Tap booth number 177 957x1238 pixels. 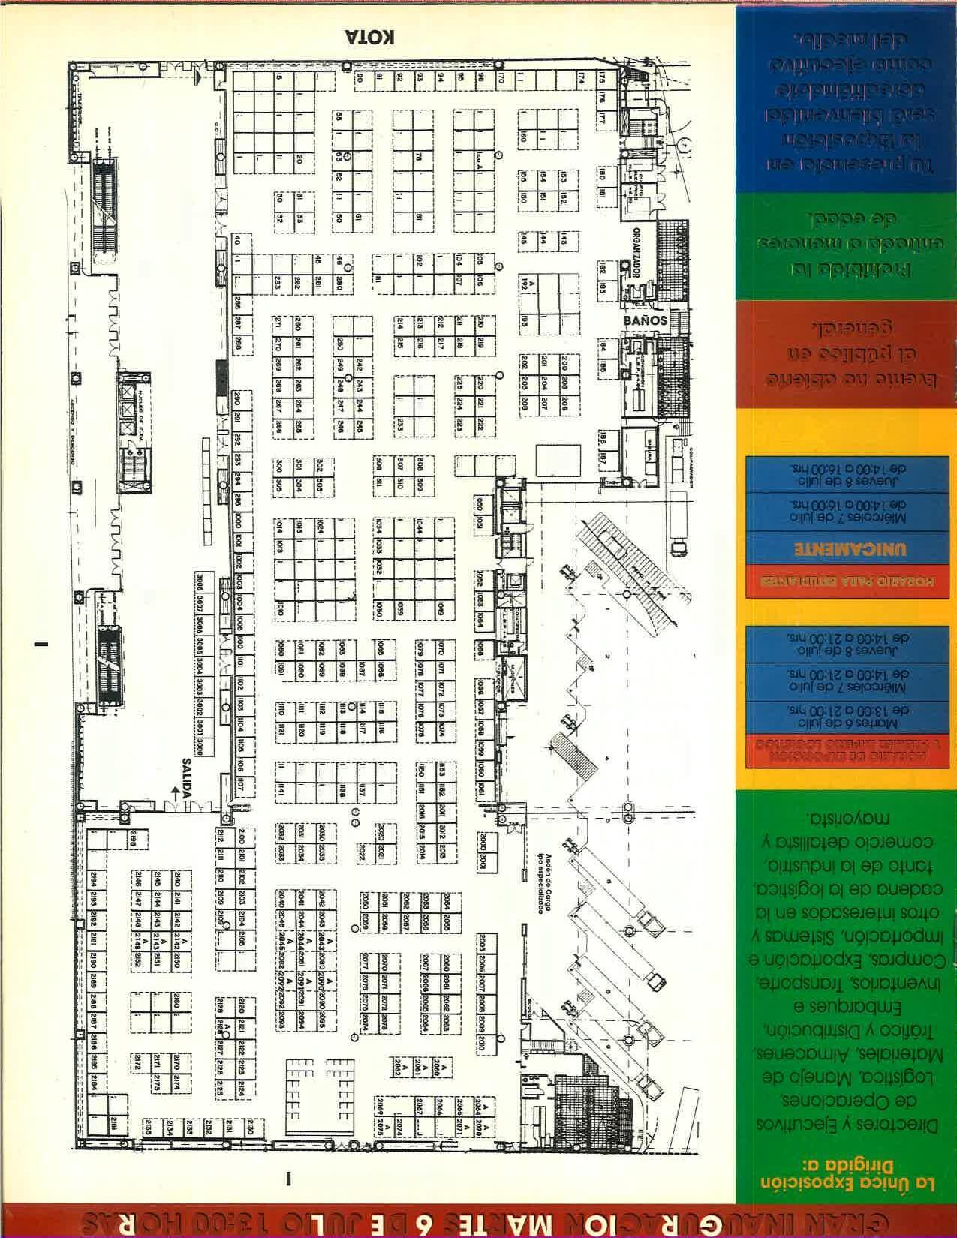(x=602, y=119)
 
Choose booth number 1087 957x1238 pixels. (x=363, y=667)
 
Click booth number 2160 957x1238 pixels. (x=176, y=1002)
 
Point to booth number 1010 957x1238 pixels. (x=281, y=608)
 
